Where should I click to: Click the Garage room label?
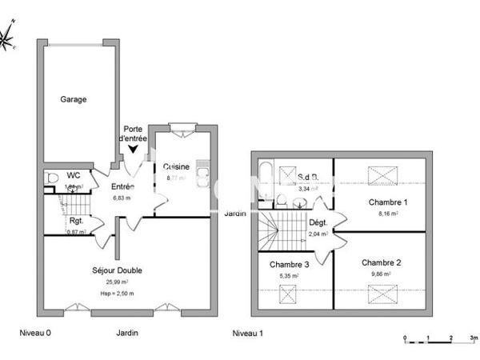coord(73,99)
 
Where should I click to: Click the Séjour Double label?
coord(117,270)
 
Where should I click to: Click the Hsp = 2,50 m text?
coord(117,293)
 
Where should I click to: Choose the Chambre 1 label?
coord(388,202)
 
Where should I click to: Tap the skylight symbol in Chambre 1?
coord(381,175)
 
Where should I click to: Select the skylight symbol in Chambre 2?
coord(381,294)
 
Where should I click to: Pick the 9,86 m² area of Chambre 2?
coord(381,274)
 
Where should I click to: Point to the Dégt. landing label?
coord(318,223)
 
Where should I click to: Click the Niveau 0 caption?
coord(35,333)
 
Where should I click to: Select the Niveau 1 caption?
coord(247,333)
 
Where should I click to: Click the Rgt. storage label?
coord(77,220)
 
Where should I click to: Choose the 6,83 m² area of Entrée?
coord(121,198)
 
